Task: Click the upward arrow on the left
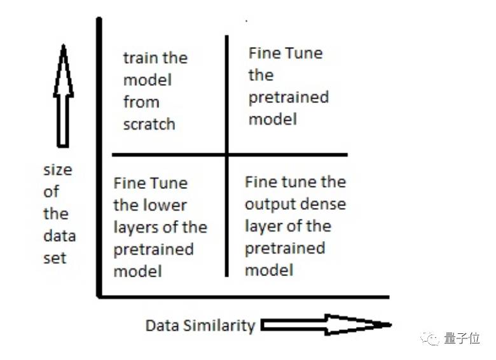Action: point(63,95)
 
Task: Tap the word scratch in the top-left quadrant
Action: point(149,124)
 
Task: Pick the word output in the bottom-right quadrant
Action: point(266,204)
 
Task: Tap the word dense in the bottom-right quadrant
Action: point(323,204)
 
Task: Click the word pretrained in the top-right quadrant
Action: point(288,97)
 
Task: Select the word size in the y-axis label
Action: point(57,170)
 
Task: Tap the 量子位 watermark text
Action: point(462,338)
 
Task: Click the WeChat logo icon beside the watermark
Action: point(432,338)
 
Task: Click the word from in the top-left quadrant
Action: point(141,102)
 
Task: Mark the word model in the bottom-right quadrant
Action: point(268,270)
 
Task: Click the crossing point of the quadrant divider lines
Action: point(226,154)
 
